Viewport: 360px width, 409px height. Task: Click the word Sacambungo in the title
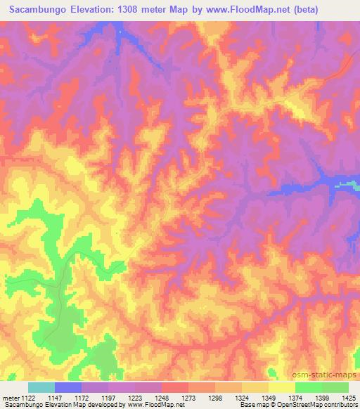39,10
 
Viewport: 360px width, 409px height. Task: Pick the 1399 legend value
319,398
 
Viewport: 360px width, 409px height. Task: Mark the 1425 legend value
346,398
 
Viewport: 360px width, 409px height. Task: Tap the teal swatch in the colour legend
41,387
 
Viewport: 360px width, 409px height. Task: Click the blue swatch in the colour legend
67,387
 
